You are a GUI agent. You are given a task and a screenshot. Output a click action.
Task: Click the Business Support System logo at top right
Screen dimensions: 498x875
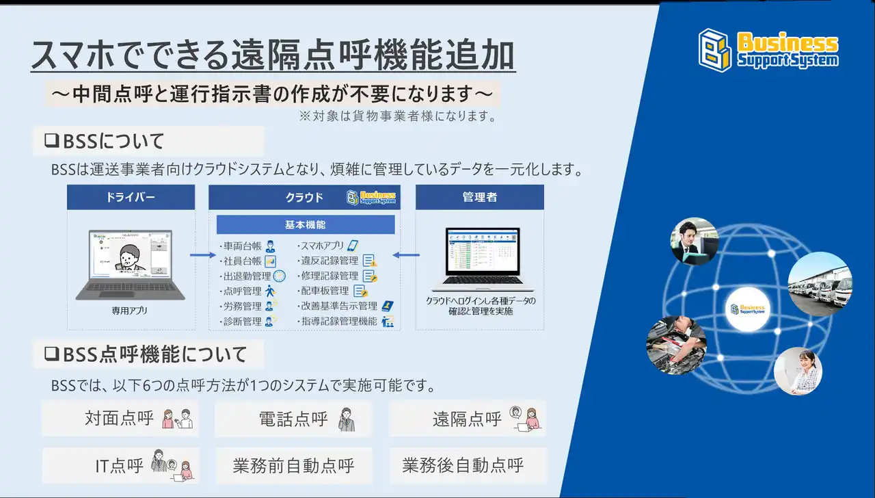768,49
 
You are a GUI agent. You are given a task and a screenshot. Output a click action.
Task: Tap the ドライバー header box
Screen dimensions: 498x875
131,197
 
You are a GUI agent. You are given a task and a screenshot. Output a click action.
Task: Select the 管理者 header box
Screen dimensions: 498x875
479,197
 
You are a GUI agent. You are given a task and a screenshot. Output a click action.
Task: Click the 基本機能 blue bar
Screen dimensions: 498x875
306,224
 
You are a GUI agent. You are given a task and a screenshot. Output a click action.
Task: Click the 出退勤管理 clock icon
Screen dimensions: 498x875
279,276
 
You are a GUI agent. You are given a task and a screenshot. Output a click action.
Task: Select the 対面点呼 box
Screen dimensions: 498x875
120,419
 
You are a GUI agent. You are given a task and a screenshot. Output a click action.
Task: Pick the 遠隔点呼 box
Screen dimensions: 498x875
467,419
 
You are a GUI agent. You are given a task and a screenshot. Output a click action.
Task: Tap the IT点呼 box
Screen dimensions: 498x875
120,466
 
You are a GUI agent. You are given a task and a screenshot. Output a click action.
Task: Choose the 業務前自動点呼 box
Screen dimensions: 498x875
293,467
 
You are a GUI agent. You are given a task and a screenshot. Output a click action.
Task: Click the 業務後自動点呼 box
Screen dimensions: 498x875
467,466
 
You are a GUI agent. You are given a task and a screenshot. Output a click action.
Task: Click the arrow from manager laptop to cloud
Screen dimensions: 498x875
408,256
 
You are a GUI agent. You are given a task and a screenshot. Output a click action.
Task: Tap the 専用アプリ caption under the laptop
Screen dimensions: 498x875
130,311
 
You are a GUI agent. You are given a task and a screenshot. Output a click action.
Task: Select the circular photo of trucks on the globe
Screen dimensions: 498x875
820,284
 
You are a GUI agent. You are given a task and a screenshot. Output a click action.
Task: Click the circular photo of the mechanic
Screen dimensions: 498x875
676,345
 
